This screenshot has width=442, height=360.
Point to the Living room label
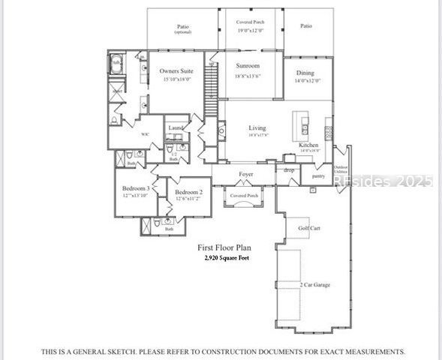pyautogui.click(x=257, y=128)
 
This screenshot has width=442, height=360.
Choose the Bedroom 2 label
pyautogui.click(x=189, y=192)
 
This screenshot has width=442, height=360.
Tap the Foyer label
pyautogui.click(x=245, y=174)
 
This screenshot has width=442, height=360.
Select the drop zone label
pyautogui.click(x=289, y=170)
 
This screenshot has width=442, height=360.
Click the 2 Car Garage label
pyautogui.click(x=315, y=285)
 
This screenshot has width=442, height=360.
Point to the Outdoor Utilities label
pyautogui.click(x=341, y=169)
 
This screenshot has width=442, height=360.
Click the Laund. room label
pyautogui.click(x=176, y=127)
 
